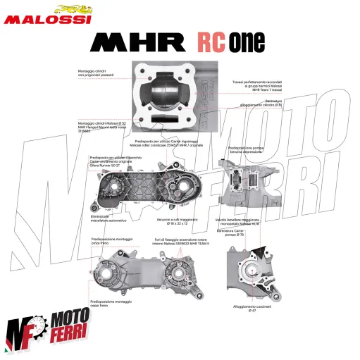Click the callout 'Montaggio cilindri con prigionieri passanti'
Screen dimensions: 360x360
[x=97, y=73]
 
